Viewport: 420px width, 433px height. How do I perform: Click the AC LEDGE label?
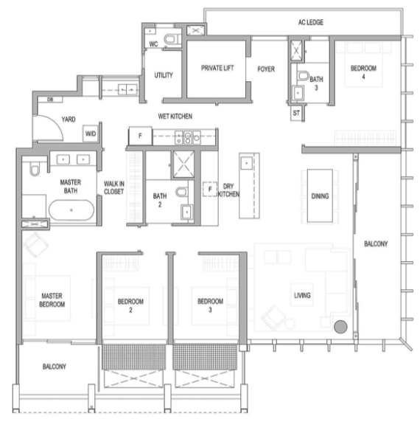click(x=310, y=22)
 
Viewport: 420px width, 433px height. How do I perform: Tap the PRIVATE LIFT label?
click(x=217, y=68)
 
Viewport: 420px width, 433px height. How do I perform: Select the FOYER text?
click(x=266, y=69)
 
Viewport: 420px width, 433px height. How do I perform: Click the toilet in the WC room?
click(x=170, y=39)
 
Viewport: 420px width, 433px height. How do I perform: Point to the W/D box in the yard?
click(x=91, y=134)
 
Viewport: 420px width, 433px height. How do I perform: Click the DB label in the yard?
click(x=50, y=100)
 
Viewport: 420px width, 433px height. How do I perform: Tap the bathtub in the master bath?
click(x=71, y=210)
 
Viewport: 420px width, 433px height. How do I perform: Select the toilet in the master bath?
click(x=35, y=169)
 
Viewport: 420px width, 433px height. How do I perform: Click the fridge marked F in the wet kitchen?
click(x=140, y=136)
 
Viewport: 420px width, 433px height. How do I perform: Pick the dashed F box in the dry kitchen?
click(x=210, y=189)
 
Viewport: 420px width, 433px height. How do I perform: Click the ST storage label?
click(x=296, y=113)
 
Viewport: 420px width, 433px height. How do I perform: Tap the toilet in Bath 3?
click(x=304, y=75)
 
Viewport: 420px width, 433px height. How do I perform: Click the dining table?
click(x=320, y=195)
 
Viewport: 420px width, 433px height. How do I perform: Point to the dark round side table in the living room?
click(x=340, y=327)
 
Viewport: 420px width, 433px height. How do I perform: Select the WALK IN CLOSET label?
click(x=114, y=187)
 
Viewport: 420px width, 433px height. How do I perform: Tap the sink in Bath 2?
click(x=186, y=212)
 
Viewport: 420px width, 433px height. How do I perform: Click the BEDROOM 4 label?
click(x=363, y=72)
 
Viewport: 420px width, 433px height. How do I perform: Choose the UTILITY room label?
click(x=164, y=75)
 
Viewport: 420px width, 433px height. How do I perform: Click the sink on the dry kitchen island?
click(x=246, y=163)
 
